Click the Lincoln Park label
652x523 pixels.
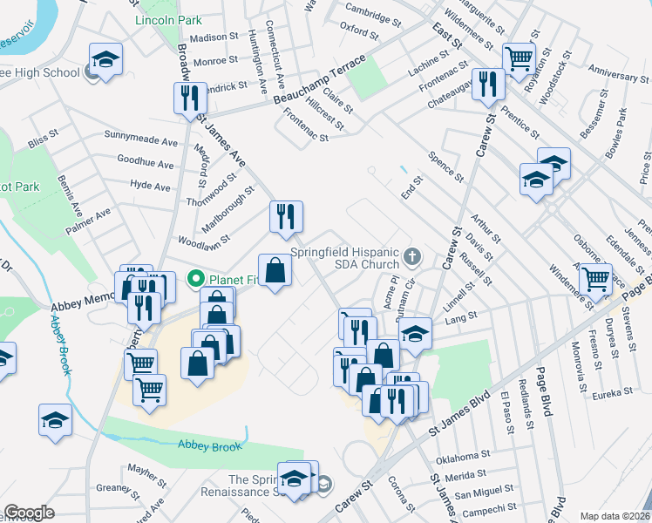click(168, 19)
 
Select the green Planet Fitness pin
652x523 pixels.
click(196, 279)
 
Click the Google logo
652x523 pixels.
click(29, 513)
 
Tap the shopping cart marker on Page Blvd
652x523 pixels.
click(595, 279)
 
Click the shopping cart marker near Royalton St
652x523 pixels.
click(519, 58)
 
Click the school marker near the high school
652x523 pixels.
click(105, 60)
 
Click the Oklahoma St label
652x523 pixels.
click(463, 457)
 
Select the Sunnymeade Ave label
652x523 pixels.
click(140, 140)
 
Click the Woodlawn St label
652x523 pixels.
click(203, 237)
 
